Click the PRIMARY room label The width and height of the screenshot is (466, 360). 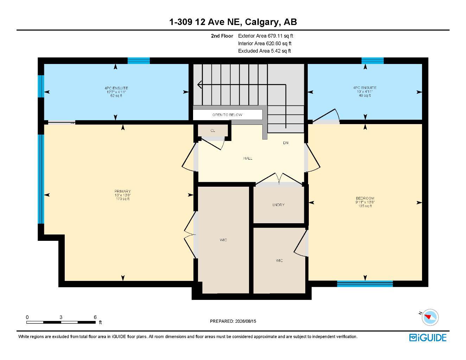(x=122, y=191)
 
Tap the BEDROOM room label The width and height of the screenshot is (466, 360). (x=365, y=198)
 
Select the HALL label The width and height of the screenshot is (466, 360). (x=248, y=158)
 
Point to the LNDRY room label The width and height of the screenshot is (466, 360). (x=278, y=205)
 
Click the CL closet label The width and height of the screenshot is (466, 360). (x=212, y=130)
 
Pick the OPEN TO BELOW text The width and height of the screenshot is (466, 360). (x=227, y=115)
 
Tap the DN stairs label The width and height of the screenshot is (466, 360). (x=286, y=143)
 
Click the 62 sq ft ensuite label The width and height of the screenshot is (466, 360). (x=116, y=96)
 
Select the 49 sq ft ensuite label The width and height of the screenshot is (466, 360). (x=365, y=95)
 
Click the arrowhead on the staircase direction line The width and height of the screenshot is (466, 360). (x=199, y=84)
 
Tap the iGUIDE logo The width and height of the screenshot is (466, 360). (x=428, y=338)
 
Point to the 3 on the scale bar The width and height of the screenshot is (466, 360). (x=61, y=317)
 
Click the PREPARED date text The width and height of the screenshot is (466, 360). (x=233, y=321)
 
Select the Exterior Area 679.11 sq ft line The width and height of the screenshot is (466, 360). (x=266, y=36)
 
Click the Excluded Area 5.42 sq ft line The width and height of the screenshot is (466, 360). (x=264, y=51)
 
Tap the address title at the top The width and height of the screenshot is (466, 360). (x=233, y=22)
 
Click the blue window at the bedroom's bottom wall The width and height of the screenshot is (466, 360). (x=365, y=284)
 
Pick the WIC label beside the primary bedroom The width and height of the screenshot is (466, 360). (x=223, y=240)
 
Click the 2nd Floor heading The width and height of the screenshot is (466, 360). (x=222, y=36)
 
